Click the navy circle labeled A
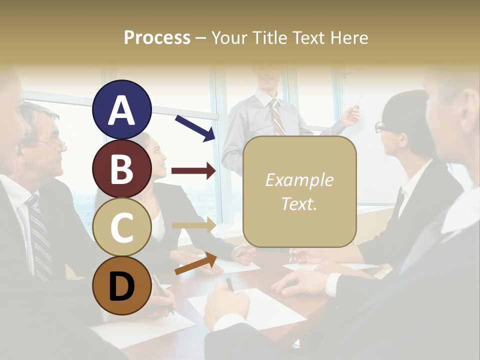tap(122, 109)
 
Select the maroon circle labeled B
tap(122, 168)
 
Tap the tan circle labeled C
tap(122, 227)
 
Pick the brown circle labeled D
tap(122, 286)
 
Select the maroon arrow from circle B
tap(193, 171)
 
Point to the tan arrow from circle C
tap(193, 225)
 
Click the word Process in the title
tap(157, 37)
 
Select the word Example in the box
tap(299, 180)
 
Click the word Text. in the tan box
tap(299, 203)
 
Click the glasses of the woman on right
tap(380, 127)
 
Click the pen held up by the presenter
tap(359, 100)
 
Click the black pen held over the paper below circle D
tap(229, 285)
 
